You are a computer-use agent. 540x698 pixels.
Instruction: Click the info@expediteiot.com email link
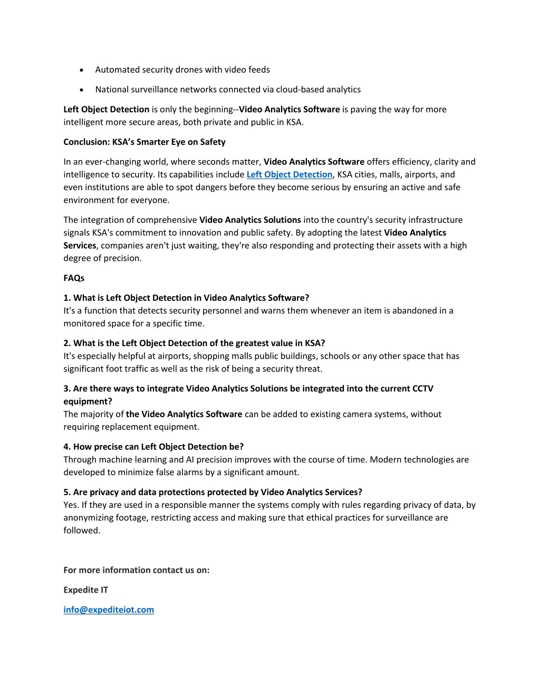tap(109, 609)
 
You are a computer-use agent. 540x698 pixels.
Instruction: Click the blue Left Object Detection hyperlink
tap(290, 174)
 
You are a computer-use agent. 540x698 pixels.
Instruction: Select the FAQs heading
tap(74, 278)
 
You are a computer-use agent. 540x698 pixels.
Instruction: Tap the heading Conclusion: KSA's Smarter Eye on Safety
tap(144, 142)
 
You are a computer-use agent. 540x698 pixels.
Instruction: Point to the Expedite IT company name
tap(85, 589)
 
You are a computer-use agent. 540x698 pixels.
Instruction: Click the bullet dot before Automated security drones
tap(82, 70)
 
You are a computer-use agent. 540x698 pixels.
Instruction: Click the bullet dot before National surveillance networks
tap(82, 90)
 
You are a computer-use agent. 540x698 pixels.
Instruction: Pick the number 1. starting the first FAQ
tap(67, 298)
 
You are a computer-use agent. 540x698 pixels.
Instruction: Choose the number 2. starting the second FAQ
tap(67, 343)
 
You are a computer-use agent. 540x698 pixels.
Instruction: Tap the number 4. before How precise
tap(67, 447)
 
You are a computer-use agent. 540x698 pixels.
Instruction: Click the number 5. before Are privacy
tap(67, 492)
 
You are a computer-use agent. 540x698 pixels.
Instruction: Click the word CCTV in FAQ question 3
tap(422, 388)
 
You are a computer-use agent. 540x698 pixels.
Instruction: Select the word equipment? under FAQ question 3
tap(88, 401)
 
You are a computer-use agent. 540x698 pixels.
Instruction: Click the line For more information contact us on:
tap(137, 570)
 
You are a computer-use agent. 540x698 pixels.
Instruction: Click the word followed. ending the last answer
tap(82, 530)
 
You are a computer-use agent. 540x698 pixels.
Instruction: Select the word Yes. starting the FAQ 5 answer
tap(71, 505)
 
